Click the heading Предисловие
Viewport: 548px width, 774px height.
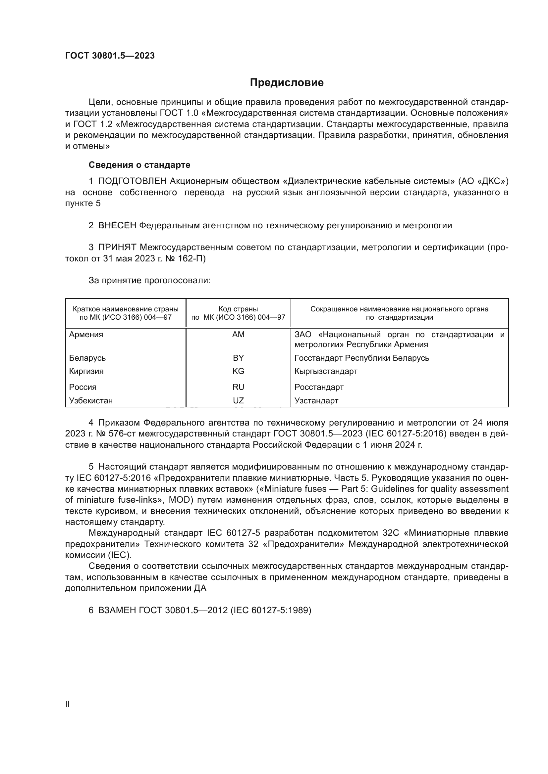287,83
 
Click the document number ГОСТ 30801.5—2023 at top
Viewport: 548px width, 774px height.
110,56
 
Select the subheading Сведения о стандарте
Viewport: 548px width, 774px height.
139,165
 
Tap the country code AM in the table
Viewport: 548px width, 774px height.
238,335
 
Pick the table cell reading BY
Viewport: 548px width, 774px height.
238,358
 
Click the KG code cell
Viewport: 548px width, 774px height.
238,371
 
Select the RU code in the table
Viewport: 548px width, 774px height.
238,387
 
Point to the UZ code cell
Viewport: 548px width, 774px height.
238,400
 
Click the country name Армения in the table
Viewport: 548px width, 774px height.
86,335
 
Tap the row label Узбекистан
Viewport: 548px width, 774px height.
91,400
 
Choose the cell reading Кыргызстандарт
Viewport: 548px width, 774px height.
326,371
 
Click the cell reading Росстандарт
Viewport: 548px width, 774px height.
319,387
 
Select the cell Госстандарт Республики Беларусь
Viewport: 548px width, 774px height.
362,358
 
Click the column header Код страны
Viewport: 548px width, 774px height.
238,309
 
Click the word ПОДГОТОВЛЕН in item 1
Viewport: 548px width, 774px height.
133,181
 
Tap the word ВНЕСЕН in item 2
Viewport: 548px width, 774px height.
117,226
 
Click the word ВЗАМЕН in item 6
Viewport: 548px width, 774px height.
117,610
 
